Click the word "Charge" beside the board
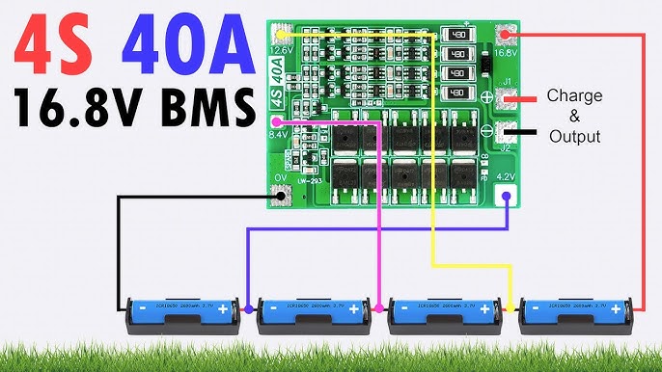pyautogui.click(x=574, y=95)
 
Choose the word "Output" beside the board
pyautogui.click(x=574, y=136)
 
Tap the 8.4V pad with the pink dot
pyautogui.click(x=278, y=122)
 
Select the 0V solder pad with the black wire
pyautogui.click(x=282, y=197)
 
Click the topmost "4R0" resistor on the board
pyautogui.click(x=460, y=35)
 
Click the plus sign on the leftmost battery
pyautogui.click(x=223, y=309)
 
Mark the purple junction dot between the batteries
pyautogui.click(x=249, y=309)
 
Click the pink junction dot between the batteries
pyautogui.click(x=380, y=309)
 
